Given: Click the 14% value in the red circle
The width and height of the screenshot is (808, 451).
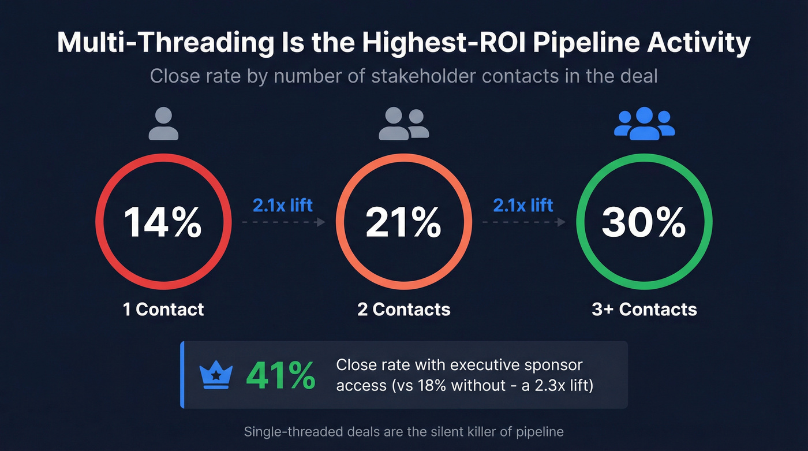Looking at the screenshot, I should coord(163,222).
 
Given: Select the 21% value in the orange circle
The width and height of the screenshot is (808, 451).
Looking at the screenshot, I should coord(403,222).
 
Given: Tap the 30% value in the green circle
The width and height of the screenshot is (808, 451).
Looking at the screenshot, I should coord(644,222).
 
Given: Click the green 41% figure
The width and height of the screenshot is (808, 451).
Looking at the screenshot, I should coord(280,376).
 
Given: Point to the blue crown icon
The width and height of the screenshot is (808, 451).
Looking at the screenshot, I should coord(216,376).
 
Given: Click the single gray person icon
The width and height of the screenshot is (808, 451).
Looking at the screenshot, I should coord(163,124).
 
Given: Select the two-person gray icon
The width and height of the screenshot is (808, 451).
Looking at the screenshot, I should coord(403,124).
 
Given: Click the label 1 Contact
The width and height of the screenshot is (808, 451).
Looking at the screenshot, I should coord(163,310).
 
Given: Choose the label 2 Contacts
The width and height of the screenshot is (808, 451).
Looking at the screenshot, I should coord(403,310).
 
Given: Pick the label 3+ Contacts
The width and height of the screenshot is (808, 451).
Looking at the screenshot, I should coord(644,310).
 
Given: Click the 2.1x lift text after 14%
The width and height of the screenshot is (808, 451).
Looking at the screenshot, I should coord(283,205).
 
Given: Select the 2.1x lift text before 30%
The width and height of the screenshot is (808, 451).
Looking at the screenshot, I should coord(523,205).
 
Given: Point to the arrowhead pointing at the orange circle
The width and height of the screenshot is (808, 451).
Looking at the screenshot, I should coord(322,222).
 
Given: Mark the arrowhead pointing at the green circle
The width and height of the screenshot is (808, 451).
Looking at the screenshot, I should coord(562,222).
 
